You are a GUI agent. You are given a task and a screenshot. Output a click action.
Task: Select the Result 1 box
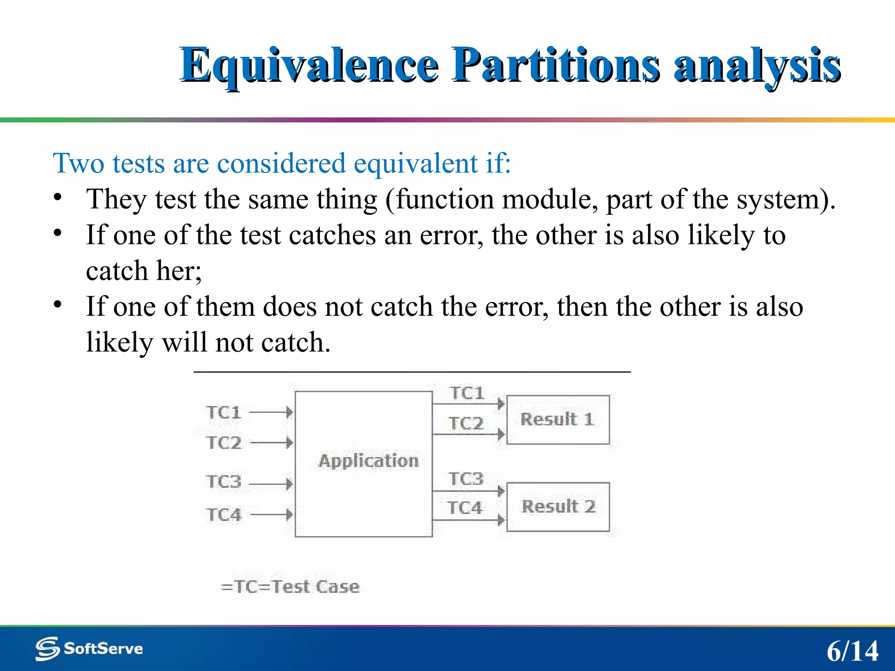(558, 419)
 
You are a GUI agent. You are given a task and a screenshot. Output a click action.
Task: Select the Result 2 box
(558, 507)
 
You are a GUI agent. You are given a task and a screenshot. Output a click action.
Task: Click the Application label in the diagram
(368, 461)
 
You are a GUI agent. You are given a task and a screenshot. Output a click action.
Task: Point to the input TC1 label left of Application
(224, 412)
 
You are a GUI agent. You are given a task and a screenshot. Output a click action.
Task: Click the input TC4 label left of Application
(224, 515)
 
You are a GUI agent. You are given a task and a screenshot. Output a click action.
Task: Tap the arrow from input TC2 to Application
(271, 443)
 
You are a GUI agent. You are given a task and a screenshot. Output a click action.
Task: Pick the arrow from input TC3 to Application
(271, 484)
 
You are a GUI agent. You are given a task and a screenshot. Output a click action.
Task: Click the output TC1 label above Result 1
(467, 393)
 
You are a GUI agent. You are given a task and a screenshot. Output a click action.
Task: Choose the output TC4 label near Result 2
(465, 508)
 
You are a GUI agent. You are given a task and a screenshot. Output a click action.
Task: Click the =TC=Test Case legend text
(290, 586)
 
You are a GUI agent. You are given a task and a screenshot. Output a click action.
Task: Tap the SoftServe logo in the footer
(89, 648)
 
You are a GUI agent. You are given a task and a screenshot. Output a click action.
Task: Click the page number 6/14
(852, 651)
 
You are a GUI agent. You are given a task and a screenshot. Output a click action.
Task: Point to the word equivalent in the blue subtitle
(415, 163)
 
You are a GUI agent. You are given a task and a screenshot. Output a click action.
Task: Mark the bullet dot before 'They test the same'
(58, 197)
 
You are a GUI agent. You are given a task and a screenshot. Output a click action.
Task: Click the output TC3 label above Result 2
(466, 479)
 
